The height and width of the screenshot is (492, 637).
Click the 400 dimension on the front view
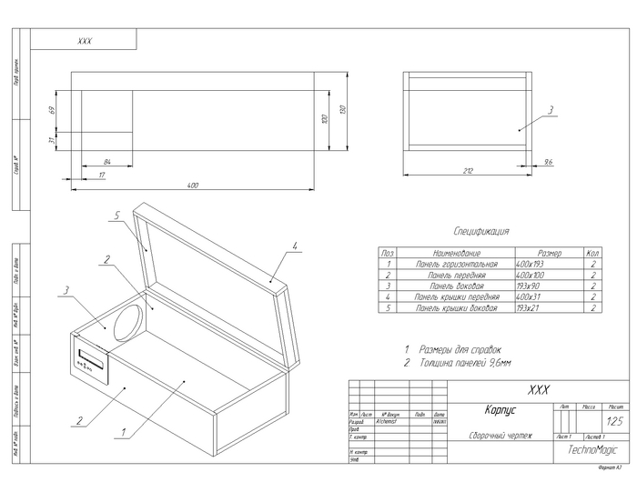pos(193,185)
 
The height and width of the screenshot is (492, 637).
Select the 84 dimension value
pos(107,161)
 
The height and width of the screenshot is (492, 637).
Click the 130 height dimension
pos(342,110)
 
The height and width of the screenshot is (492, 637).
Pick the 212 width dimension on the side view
pos(468,169)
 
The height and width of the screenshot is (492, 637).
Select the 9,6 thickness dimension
pos(548,161)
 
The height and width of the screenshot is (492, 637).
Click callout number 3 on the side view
pos(551,109)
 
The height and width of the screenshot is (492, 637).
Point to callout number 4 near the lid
pos(296,245)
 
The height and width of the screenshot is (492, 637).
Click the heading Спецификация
pos(481,232)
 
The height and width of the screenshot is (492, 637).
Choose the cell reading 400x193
pos(530,263)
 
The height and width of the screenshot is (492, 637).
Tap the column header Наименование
pos(456,252)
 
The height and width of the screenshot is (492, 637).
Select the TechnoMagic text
pos(592,449)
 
